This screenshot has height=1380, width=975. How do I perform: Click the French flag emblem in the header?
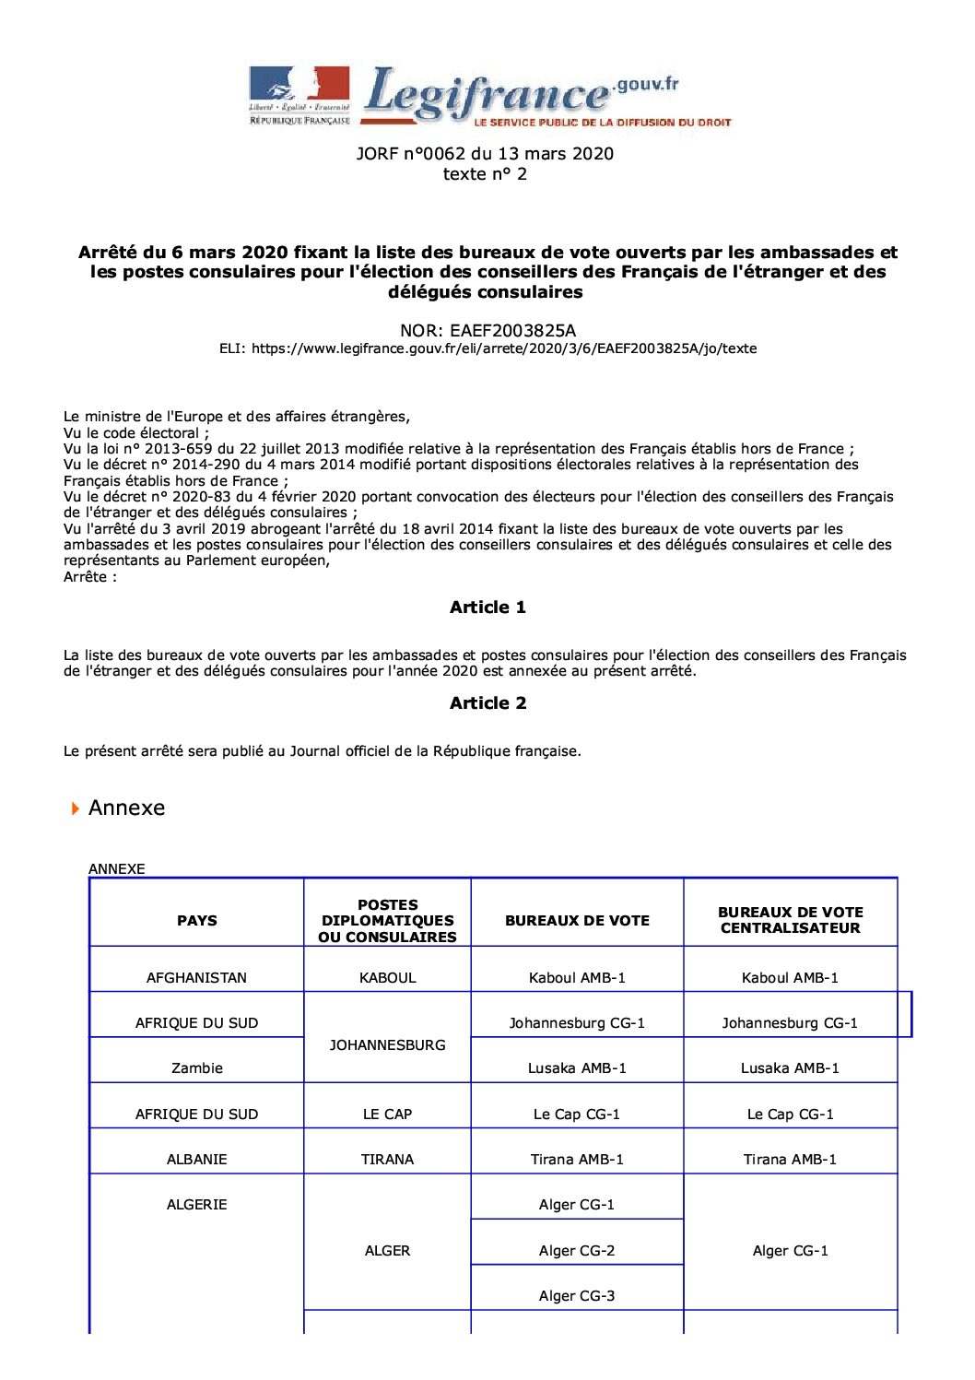[x=299, y=84]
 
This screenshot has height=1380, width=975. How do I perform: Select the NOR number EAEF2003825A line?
[x=487, y=330]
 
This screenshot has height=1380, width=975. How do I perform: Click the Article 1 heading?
[x=487, y=607]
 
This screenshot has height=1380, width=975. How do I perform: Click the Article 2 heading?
[x=487, y=702]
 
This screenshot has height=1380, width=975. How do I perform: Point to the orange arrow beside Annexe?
[x=76, y=808]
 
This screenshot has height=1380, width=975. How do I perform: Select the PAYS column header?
[x=197, y=920]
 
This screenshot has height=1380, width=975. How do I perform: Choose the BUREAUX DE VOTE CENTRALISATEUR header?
[x=790, y=920]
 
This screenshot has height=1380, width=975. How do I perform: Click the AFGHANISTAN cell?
[x=197, y=977]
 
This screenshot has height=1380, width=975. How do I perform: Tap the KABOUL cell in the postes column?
[x=387, y=977]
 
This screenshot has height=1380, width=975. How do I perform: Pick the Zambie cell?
[x=197, y=1067]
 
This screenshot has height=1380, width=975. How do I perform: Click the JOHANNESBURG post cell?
[x=387, y=1044]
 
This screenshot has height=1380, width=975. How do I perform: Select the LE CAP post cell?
[x=387, y=1114]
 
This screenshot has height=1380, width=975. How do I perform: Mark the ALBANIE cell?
[x=197, y=1159]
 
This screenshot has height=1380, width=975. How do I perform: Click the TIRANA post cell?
[x=387, y=1159]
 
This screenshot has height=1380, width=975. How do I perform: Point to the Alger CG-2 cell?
[x=577, y=1250]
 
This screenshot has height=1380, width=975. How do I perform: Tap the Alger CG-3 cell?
[x=577, y=1295]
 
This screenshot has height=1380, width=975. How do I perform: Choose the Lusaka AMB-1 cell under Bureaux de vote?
[x=577, y=1067]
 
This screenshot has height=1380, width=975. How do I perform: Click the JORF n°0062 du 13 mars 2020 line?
[x=485, y=153]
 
